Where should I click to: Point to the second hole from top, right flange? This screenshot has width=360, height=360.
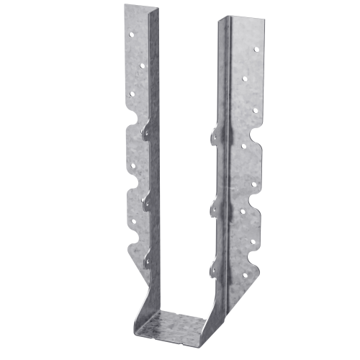tap(246, 78)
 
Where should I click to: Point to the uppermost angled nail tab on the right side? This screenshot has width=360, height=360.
tap(215, 133)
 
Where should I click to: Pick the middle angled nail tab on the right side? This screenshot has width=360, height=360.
tap(215, 209)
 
